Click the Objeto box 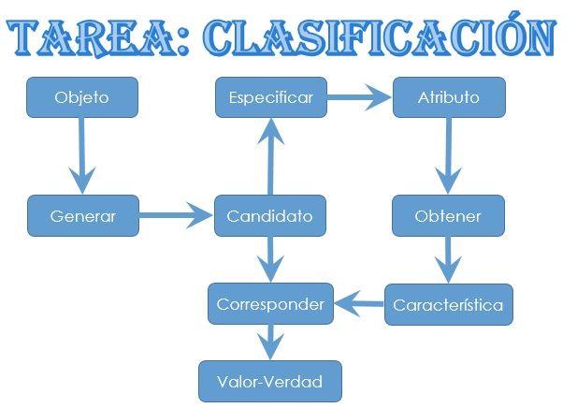[x=82, y=97]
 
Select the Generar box [x=82, y=216]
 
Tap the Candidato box [x=270, y=216]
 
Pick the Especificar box [x=270, y=97]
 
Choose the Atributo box [x=449, y=97]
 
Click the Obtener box [x=448, y=216]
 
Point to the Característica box [x=448, y=305]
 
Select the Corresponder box [x=270, y=304]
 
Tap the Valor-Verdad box [x=269, y=382]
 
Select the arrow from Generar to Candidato [x=177, y=217]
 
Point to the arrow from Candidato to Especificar [x=270, y=157]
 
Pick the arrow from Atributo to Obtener [x=450, y=156]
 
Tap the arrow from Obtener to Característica [x=449, y=260]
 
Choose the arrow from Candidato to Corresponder [x=270, y=259]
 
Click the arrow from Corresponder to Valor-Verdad [x=270, y=342]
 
